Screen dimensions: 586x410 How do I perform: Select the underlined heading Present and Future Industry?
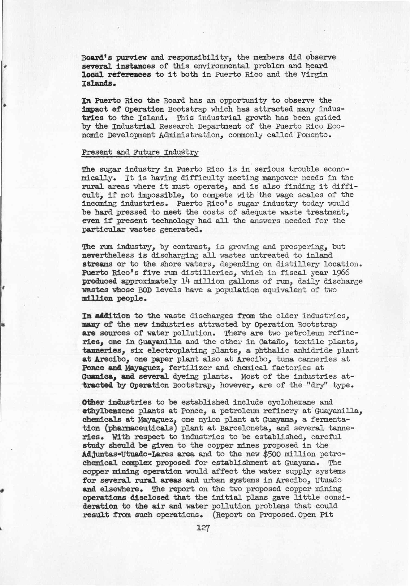pos(140,153)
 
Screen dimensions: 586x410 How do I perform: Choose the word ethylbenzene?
pos(108,411)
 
